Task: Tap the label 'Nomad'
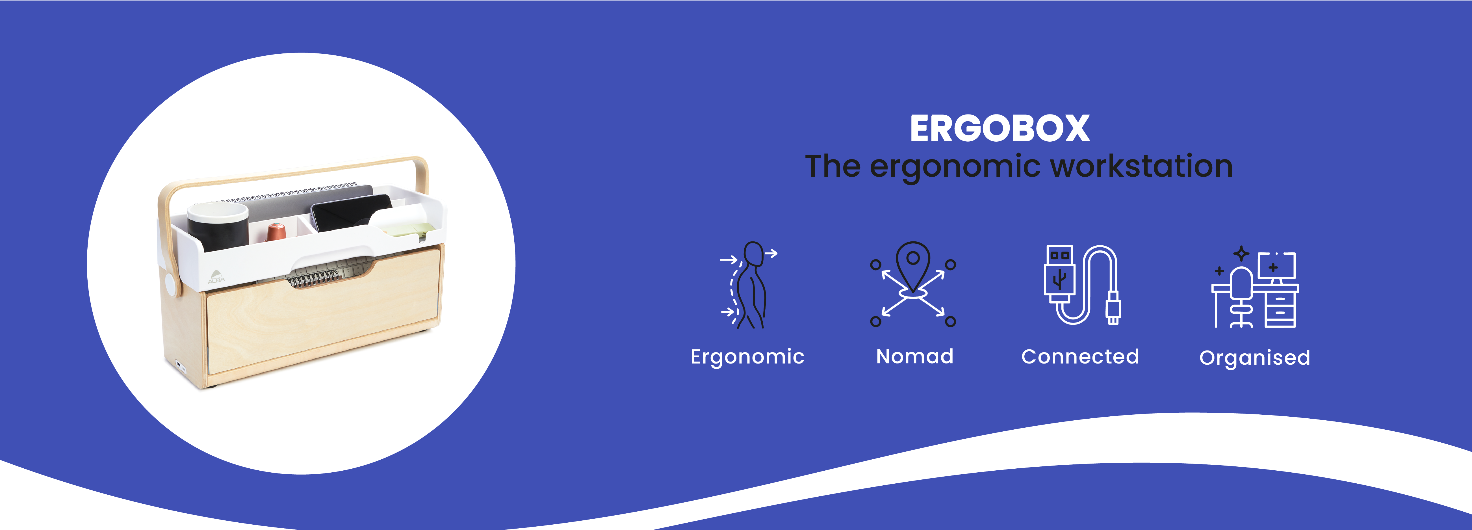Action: tap(914, 357)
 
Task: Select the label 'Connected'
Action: tap(1080, 357)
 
